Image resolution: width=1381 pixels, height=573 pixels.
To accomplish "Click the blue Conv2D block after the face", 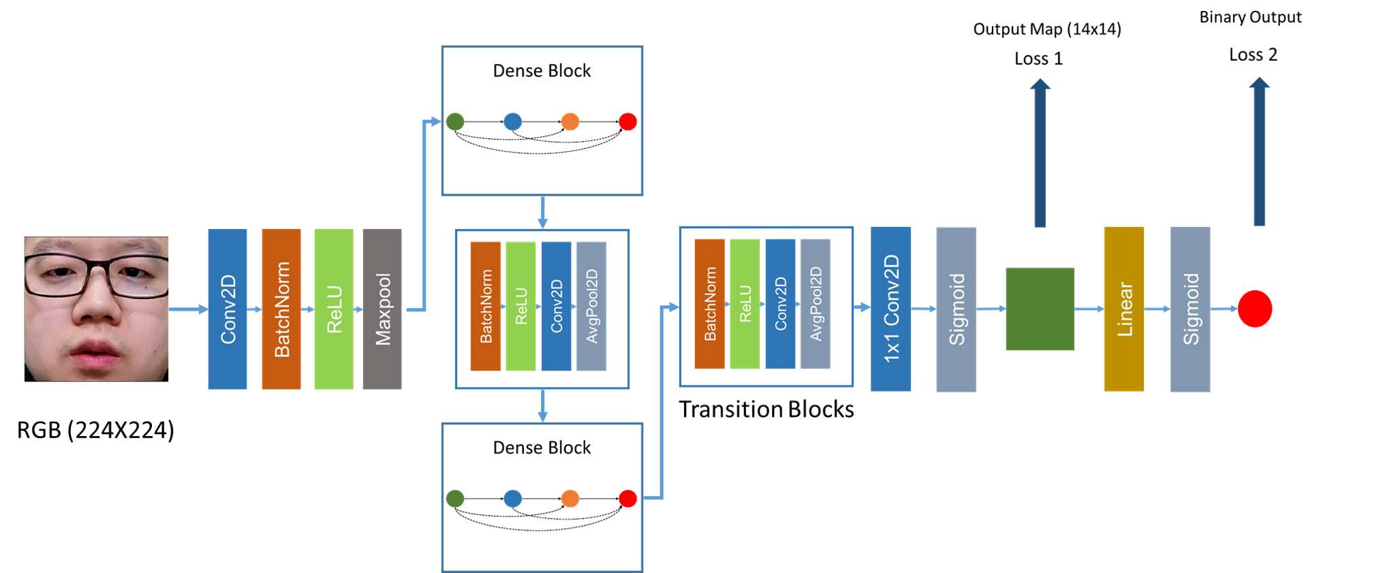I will pyautogui.click(x=228, y=309).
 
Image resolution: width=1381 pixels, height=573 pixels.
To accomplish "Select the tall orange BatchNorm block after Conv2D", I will pyautogui.click(x=281, y=309).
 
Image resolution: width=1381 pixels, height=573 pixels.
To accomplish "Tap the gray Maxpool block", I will pyautogui.click(x=382, y=309).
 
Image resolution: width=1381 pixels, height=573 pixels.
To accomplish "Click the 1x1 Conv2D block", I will pyautogui.click(x=890, y=309).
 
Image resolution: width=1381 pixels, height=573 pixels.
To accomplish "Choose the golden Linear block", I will pyautogui.click(x=1123, y=309).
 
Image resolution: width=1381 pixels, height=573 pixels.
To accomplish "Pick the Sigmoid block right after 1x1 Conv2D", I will pyautogui.click(x=956, y=309).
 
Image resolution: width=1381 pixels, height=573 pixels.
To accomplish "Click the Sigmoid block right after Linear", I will pyautogui.click(x=1190, y=309).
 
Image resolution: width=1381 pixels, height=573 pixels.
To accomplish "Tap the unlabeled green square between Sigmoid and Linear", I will pyautogui.click(x=1040, y=309).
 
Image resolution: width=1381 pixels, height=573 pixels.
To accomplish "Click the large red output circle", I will pyautogui.click(x=1255, y=309).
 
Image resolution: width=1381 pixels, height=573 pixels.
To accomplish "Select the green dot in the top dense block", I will pyautogui.click(x=455, y=122).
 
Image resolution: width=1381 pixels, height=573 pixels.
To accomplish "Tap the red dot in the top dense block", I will pyautogui.click(x=627, y=122).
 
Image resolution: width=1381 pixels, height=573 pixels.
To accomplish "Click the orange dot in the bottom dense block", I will pyautogui.click(x=570, y=499).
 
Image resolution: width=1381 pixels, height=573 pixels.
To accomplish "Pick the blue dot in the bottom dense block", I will pyautogui.click(x=512, y=499).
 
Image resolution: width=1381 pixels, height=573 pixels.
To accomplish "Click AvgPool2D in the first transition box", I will pyautogui.click(x=591, y=307).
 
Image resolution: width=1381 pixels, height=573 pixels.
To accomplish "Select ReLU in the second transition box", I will pyautogui.click(x=745, y=304).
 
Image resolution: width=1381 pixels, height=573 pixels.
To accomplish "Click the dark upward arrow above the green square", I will pyautogui.click(x=1040, y=153).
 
